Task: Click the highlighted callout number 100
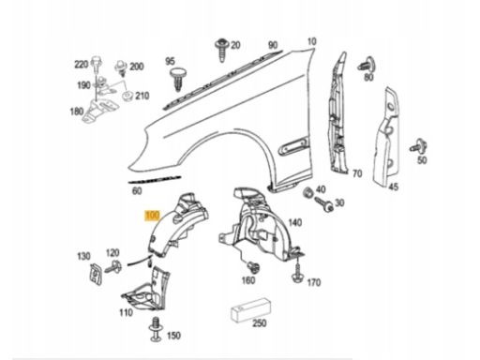[152, 216]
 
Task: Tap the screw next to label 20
[222, 50]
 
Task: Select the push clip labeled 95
[178, 78]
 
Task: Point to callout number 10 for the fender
[311, 41]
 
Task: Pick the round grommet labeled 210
[127, 96]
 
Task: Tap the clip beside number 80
[367, 65]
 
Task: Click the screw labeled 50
[418, 146]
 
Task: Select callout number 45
[394, 187]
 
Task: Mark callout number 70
[357, 173]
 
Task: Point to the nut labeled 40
[308, 192]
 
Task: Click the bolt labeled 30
[324, 203]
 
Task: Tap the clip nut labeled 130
[96, 274]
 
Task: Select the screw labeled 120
[113, 267]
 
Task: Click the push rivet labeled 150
[156, 329]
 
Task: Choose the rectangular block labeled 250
[251, 309]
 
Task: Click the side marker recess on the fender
[293, 145]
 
